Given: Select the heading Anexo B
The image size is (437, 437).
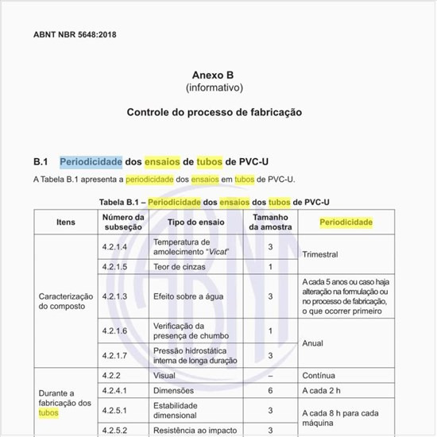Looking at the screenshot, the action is (x=215, y=74).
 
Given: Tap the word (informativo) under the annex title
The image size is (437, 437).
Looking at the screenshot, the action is (x=215, y=87).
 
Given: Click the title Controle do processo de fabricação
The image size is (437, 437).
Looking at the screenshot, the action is (x=215, y=113).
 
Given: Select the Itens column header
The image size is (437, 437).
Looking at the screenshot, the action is (x=66, y=222).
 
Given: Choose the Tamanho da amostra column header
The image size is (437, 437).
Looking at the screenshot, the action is (x=270, y=222).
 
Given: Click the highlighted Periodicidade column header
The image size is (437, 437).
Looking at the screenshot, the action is (x=346, y=222).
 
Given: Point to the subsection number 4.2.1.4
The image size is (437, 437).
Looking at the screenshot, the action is (x=115, y=247).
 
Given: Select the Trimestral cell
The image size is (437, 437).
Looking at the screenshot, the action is (x=320, y=255).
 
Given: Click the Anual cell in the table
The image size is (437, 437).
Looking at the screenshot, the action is (x=313, y=343).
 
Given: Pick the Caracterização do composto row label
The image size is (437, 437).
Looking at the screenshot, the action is (x=66, y=301).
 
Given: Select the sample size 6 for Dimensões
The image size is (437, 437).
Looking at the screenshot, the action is (x=270, y=391).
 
